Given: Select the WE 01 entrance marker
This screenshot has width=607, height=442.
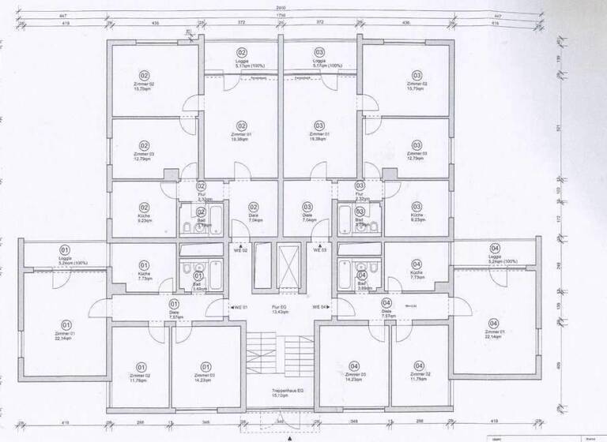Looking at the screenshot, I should pyautogui.click(x=239, y=306).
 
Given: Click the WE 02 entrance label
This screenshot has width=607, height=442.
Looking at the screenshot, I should pyautogui.click(x=239, y=250).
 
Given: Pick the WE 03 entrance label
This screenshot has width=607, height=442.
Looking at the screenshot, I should pyautogui.click(x=319, y=250).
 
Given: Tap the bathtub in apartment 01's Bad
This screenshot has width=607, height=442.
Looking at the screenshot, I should pyautogui.click(x=197, y=275).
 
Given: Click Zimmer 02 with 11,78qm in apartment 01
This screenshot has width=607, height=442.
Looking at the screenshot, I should pyautogui.click(x=141, y=373).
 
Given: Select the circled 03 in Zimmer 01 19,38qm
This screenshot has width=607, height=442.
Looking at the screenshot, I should pyautogui.click(x=319, y=125).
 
